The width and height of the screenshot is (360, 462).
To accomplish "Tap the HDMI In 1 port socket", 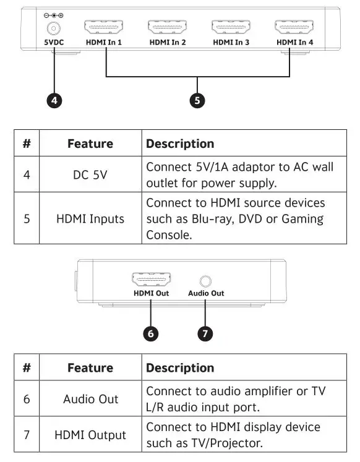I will pyautogui.click(x=103, y=28).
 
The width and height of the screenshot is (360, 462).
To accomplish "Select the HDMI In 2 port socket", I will pyautogui.click(x=167, y=28).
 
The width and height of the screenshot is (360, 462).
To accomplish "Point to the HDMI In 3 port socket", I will pyautogui.click(x=231, y=28).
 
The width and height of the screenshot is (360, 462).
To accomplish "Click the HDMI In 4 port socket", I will pyautogui.click(x=294, y=28).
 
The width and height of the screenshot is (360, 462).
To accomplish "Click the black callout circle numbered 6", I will pyautogui.click(x=151, y=333).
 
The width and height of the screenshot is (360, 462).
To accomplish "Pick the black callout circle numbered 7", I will pyautogui.click(x=205, y=333).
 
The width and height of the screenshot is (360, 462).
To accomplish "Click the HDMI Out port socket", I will pyautogui.click(x=151, y=280).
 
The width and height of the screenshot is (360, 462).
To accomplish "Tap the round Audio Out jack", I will pyautogui.click(x=205, y=280).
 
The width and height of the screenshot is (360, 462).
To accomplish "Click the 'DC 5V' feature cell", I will pyautogui.click(x=90, y=175).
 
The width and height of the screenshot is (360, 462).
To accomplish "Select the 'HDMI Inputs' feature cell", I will pyautogui.click(x=90, y=219).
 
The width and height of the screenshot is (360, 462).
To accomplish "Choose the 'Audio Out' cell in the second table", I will pyautogui.click(x=90, y=399).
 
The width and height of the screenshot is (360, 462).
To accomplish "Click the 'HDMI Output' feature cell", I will pyautogui.click(x=90, y=435).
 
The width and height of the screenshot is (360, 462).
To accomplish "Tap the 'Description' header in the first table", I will pyautogui.click(x=180, y=144).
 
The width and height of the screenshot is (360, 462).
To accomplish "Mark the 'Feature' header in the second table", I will pyautogui.click(x=90, y=368).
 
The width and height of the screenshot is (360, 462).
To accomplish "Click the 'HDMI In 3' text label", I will pyautogui.click(x=231, y=43).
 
